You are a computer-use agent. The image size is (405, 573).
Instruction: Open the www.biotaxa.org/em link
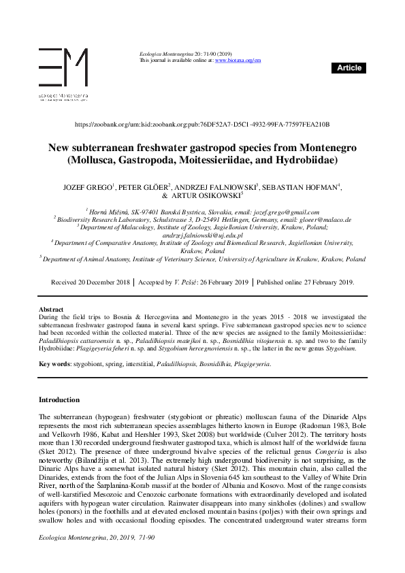(238, 61)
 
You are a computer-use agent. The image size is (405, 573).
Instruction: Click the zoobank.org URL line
(201, 125)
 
